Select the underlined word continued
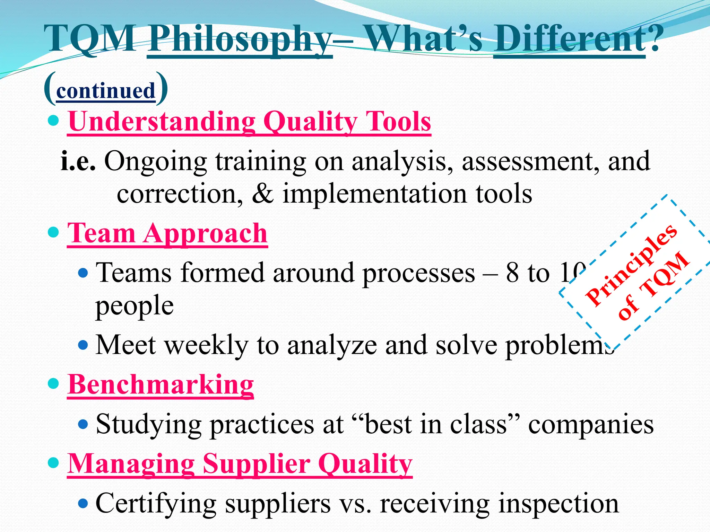105,91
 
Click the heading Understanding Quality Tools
249,122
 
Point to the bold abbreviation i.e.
78,161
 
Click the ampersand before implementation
262,194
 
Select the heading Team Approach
167,233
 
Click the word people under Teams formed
135,306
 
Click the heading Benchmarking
161,385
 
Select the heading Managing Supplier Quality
240,464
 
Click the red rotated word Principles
631,265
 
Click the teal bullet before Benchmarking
53,384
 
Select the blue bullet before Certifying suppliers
83,503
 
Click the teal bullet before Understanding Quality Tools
53,121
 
